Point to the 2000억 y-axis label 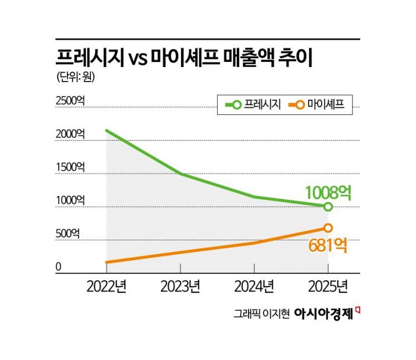coord(71,134)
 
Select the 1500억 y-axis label coord(71,167)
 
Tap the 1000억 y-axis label coord(71,200)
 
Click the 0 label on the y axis coord(58,267)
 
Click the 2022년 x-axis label coord(106,287)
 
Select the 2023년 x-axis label coord(180,287)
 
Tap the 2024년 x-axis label coord(254,287)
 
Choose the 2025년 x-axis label coord(328,287)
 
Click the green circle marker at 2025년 coord(328,207)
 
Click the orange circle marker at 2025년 coord(328,228)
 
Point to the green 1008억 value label coord(328,193)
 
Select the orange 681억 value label coord(328,245)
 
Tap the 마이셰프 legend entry coord(321,104)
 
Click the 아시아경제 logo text coord(323,314)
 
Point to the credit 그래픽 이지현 coord(261,314)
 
